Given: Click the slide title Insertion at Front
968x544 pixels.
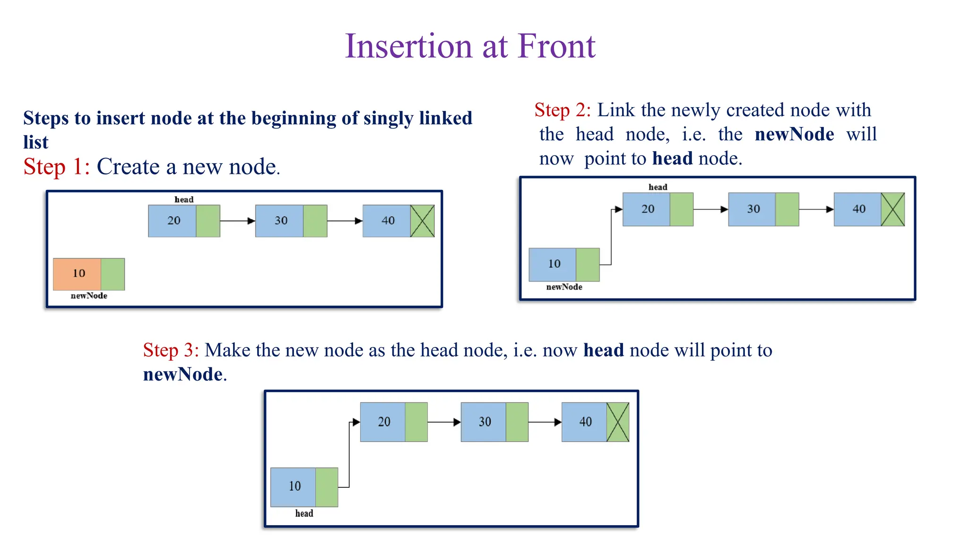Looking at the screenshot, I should coord(470,46).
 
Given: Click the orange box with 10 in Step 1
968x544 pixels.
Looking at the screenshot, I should coord(77,274).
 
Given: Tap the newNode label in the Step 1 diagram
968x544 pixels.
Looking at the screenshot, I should coord(89,296).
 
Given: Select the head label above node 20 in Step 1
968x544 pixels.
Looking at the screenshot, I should coord(184,200).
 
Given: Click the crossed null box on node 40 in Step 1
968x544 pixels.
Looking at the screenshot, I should coord(422,221).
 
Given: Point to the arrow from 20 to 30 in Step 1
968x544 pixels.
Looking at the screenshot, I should coord(237,221).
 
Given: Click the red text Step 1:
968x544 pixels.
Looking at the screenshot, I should coord(57,167).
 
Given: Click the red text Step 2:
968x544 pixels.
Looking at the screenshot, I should coord(562,110).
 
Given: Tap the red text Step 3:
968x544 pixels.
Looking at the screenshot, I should coord(171,351).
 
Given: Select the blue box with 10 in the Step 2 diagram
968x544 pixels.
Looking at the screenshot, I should coord(553,264).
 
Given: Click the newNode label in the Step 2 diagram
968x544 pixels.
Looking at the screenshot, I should coord(564,287).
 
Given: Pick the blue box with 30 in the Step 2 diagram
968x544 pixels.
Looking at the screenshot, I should coord(752,209).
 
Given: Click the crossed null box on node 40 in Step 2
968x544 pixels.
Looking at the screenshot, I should coord(893,209).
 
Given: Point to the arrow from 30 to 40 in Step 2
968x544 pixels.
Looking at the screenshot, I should coord(816,209).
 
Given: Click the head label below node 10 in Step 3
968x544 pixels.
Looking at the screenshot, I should coord(304,514).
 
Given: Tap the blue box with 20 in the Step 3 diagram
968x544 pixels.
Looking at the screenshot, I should coord(383,422).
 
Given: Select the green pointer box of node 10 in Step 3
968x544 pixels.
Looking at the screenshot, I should coord(327,487).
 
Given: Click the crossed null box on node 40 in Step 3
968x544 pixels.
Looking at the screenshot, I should coord(618,422).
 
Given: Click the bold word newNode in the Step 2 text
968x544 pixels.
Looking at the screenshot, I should coord(794,135).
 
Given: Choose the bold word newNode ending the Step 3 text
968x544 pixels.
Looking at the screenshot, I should coord(183,375).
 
